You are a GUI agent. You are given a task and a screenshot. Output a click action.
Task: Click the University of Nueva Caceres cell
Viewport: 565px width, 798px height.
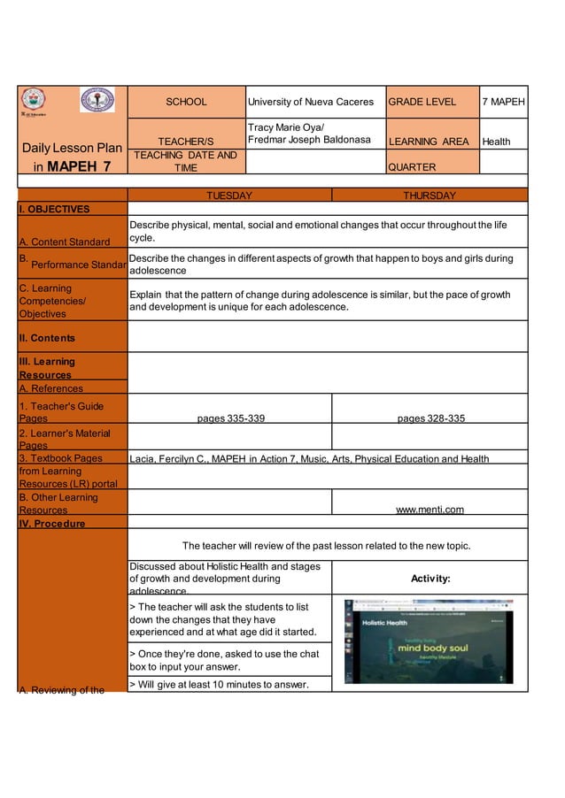[x=314, y=102]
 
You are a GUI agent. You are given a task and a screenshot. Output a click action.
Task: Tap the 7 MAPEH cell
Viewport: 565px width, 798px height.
[x=503, y=102]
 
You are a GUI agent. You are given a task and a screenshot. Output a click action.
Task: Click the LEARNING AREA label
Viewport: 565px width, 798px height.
[x=429, y=142]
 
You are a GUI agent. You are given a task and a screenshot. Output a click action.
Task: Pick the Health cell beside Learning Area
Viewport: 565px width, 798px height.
[x=497, y=142]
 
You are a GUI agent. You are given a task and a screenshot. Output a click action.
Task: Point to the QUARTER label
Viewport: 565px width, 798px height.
[x=412, y=166]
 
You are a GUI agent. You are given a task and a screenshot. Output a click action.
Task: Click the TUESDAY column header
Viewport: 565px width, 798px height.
[x=229, y=196]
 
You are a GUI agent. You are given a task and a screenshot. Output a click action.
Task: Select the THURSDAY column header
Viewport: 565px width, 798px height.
[x=429, y=196]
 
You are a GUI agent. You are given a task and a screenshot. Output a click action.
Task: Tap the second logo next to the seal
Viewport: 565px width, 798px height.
[x=97, y=100]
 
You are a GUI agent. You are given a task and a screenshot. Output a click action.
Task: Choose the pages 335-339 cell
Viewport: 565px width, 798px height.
[x=230, y=418]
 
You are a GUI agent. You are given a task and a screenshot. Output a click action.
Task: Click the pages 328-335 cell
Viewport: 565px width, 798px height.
[x=430, y=418]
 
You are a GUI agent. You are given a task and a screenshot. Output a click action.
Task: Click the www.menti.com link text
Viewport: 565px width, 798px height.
[x=430, y=510]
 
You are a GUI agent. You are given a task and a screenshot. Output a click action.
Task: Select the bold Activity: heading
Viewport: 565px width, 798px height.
[x=430, y=578]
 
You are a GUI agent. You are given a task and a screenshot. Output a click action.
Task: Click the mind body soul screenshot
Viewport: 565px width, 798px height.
[x=429, y=641]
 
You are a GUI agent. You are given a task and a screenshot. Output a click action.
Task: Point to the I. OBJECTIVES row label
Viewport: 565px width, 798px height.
[x=54, y=210]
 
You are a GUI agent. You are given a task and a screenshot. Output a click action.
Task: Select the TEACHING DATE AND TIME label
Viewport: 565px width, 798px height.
[x=186, y=161]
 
